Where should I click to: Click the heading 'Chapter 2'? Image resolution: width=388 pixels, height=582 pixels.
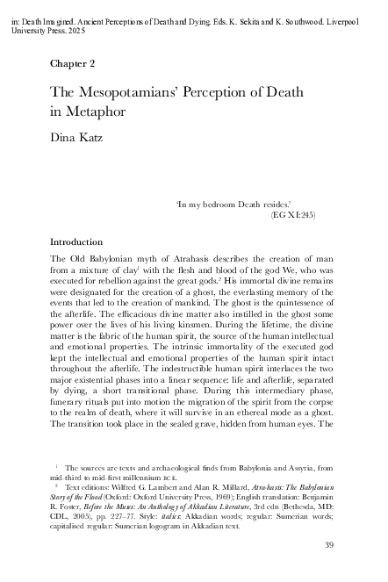(x=72, y=64)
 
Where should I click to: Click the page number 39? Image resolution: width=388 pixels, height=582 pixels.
(x=329, y=547)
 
